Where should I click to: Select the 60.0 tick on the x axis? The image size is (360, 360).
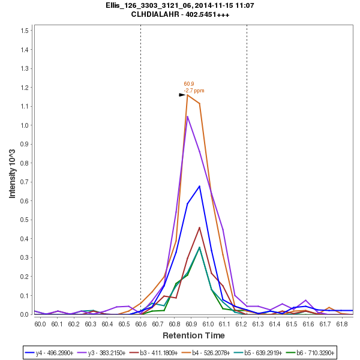click(40, 324)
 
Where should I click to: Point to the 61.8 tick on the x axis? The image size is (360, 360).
click(341, 324)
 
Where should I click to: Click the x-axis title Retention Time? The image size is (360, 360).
click(193, 335)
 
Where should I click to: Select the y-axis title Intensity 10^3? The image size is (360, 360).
click(12, 172)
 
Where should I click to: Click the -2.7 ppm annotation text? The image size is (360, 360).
click(194, 91)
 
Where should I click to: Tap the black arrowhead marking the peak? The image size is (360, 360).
click(182, 95)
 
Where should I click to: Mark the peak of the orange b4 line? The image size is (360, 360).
click(188, 95)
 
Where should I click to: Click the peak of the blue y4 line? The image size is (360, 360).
click(199, 186)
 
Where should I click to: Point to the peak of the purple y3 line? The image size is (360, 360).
click(188, 116)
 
